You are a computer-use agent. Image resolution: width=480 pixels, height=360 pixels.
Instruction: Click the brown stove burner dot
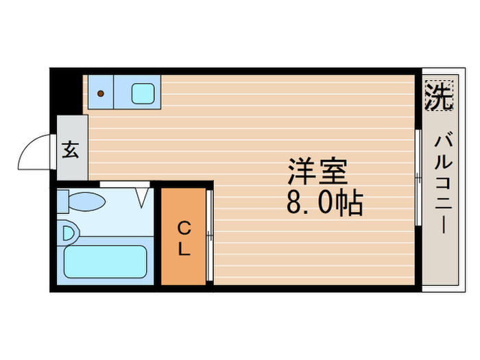click(x=101, y=93)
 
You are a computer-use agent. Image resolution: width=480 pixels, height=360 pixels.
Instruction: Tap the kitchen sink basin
click(x=143, y=93)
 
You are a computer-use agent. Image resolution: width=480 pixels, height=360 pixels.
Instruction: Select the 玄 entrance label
click(x=71, y=150)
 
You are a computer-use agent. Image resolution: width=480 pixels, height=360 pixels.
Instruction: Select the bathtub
click(x=105, y=261)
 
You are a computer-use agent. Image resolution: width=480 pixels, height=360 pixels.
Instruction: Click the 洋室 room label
click(x=317, y=171)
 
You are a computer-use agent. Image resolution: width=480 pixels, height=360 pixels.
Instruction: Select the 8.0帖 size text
click(x=324, y=204)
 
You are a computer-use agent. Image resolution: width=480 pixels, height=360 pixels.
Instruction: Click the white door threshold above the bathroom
click(x=125, y=184)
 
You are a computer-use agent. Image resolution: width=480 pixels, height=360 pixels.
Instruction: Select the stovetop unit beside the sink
click(x=101, y=93)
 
